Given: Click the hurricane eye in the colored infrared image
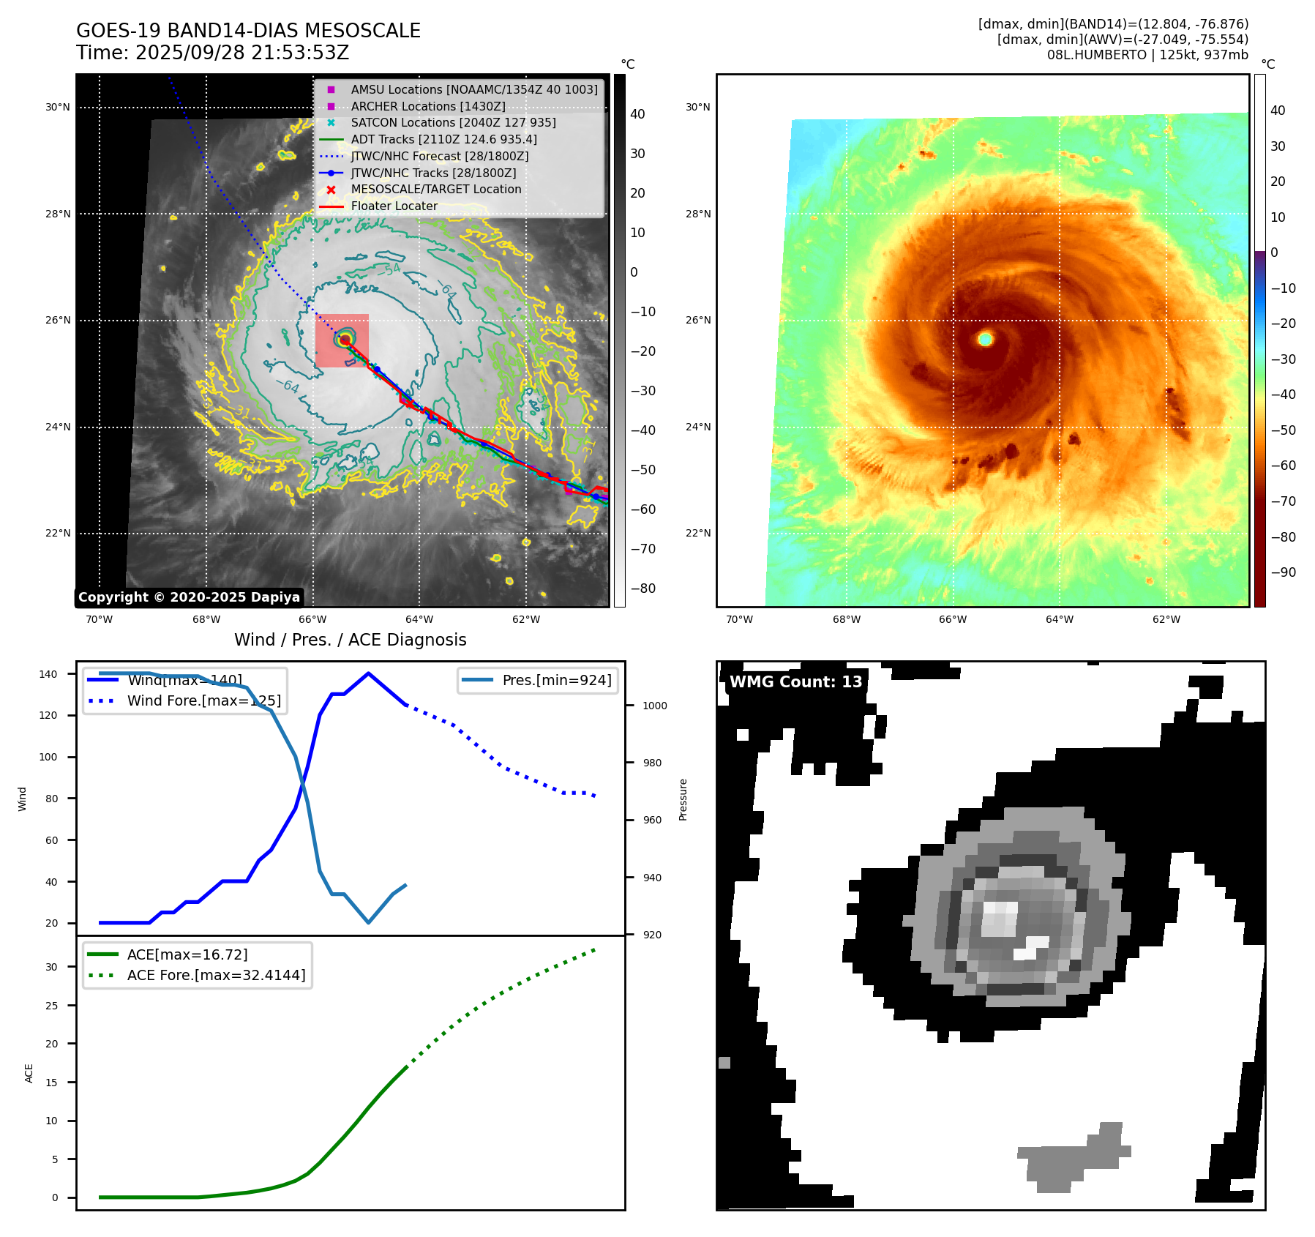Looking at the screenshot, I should (x=985, y=339).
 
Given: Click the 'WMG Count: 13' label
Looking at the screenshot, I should (x=795, y=682).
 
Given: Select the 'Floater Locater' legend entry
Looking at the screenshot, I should (x=394, y=206).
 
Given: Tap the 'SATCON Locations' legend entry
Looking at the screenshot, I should (x=453, y=123).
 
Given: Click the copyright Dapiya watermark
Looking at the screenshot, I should (x=189, y=597).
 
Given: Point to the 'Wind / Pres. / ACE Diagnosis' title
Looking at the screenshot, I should (x=350, y=640).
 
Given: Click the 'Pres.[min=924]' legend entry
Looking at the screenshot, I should (x=556, y=680).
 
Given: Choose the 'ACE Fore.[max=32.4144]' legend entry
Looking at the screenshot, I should (x=216, y=975).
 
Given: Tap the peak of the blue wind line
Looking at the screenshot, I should (x=368, y=673).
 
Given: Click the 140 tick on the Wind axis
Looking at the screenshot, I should (x=48, y=674).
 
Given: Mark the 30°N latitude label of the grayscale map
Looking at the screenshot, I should (x=58, y=108).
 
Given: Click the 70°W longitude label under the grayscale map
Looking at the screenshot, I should (x=100, y=620).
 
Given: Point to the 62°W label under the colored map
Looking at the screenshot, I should (x=1166, y=620).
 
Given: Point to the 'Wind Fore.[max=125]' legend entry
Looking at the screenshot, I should (x=203, y=700).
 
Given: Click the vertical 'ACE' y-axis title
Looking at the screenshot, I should (x=29, y=1073).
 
